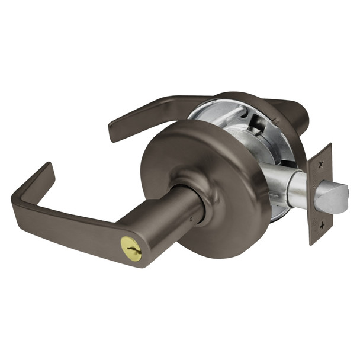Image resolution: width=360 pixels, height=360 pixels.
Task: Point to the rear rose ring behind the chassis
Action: [278, 118]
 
